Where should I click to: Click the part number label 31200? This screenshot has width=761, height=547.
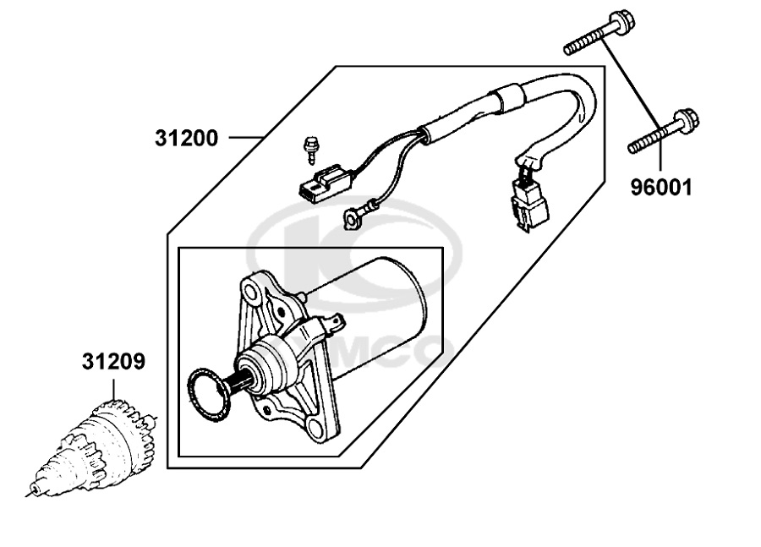[x=187, y=139]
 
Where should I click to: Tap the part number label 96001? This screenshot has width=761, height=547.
[x=661, y=187]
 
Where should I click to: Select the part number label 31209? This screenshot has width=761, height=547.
[x=113, y=362]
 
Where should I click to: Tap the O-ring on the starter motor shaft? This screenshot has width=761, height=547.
[x=209, y=392]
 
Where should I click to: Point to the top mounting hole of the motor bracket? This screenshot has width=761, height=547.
[x=251, y=292]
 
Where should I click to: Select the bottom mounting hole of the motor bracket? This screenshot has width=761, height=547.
[x=316, y=428]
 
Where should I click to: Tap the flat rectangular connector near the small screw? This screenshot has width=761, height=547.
[x=325, y=185]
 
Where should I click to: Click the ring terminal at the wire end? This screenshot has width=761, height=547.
[x=353, y=217]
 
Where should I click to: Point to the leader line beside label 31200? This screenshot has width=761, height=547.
[x=246, y=138]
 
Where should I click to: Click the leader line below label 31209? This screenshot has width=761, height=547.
[x=114, y=389]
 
